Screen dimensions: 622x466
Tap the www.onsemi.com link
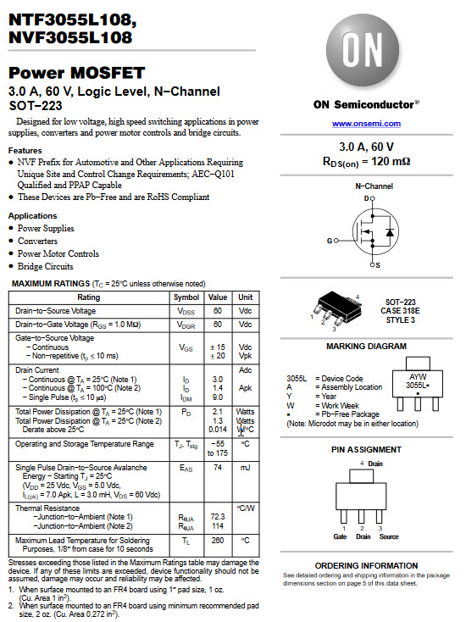(366, 125)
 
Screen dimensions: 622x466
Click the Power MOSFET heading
(77, 74)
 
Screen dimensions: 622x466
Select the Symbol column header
(186, 297)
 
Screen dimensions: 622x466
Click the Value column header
(218, 297)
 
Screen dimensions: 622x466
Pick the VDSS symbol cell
(186, 311)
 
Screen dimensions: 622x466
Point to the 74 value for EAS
(218, 467)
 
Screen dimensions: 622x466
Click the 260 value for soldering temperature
(218, 540)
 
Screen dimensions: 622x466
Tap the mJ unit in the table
(245, 467)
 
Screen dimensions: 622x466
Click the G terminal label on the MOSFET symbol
(330, 241)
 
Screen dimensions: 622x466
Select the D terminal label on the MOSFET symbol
(368, 198)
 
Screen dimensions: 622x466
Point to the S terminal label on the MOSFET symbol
(377, 265)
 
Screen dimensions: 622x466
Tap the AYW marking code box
(418, 380)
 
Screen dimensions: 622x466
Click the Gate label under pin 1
(340, 536)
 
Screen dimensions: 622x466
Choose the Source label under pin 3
(389, 536)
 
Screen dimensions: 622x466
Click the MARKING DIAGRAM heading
(366, 347)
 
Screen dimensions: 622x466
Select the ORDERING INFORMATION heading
(366, 565)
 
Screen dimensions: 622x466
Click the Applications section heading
(32, 216)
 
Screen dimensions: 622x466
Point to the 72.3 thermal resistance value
(218, 516)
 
